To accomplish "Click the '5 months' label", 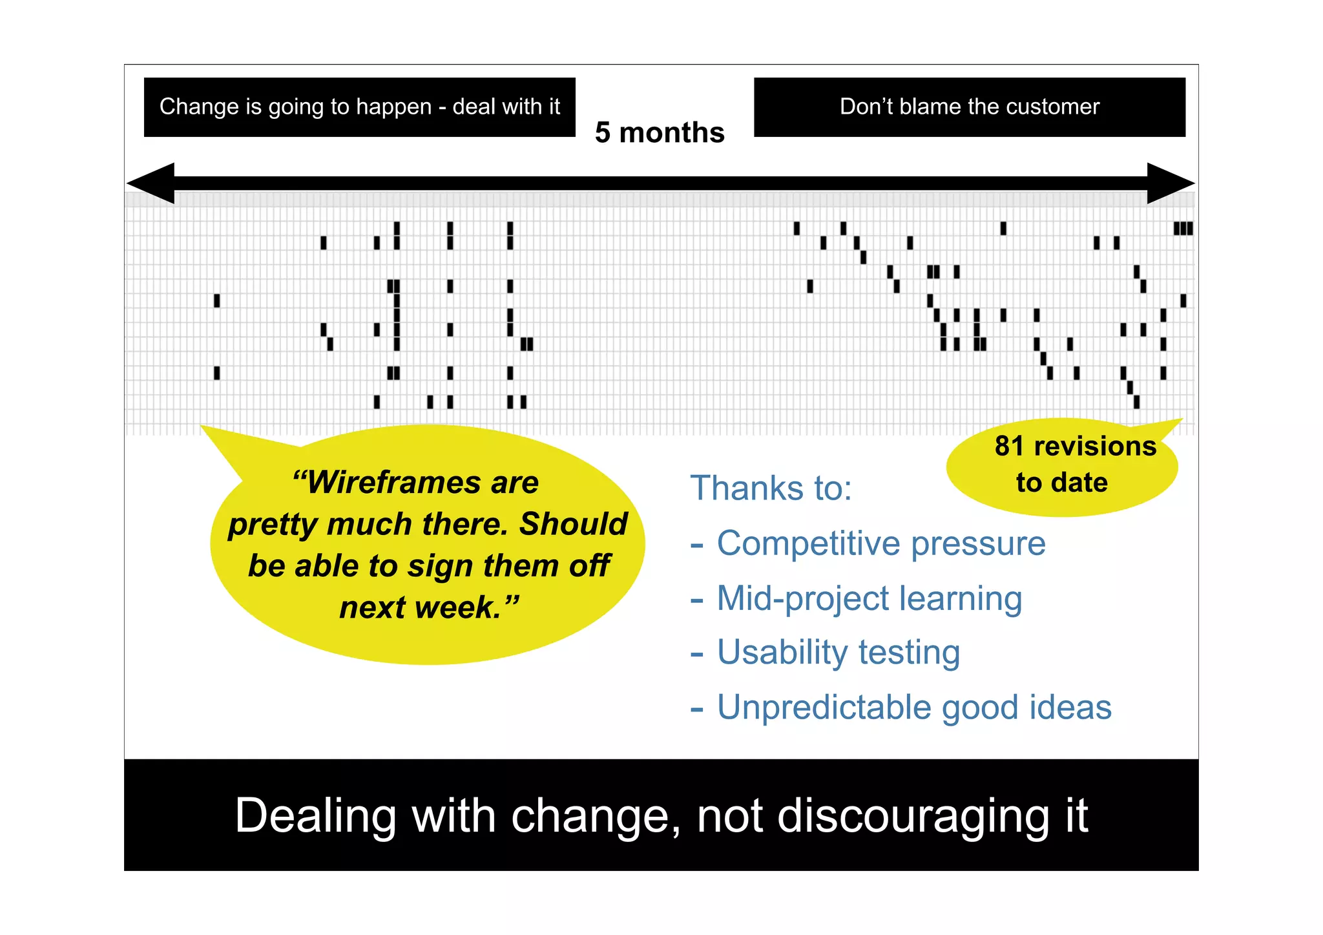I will coord(659,132).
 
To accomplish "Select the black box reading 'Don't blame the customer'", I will coord(969,107).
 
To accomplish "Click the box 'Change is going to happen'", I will coord(359,107).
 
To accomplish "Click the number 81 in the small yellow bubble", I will coord(1009,446).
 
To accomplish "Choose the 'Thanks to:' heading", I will coord(771,488).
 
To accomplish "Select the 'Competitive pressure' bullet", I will coord(880,543).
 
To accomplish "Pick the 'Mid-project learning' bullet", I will coord(869,598).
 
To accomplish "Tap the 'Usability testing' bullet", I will coord(838,653).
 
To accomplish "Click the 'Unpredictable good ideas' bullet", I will coord(914,708).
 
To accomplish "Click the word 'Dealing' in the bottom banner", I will coord(315,815).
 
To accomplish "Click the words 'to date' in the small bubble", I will coord(1061,483).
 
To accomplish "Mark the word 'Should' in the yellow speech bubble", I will coord(573,524).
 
